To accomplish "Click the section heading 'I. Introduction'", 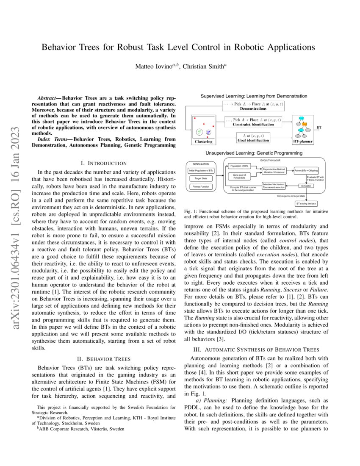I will coord(103,163).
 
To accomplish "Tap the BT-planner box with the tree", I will coord(303,128).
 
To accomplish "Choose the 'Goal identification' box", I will coord(252,138).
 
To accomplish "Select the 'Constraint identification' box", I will coord(253,122).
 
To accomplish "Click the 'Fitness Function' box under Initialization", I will coord(201,186).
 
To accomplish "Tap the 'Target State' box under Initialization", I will coord(201,178).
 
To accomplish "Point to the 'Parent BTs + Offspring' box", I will coord(309,170).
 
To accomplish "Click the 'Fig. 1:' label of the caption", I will coord(193,211).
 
